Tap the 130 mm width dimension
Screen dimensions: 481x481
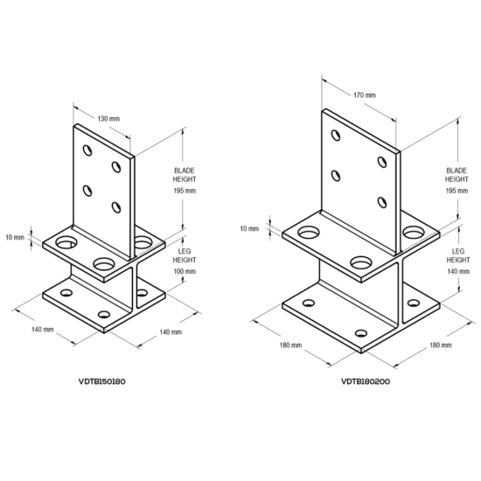pyautogui.click(x=108, y=117)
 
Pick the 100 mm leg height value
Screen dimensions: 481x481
pyautogui.click(x=185, y=272)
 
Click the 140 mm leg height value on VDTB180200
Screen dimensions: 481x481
pyautogui.click(x=457, y=272)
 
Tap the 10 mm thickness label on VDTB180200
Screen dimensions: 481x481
pyautogui.click(x=248, y=229)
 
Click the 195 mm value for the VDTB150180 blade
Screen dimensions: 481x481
pyautogui.click(x=185, y=190)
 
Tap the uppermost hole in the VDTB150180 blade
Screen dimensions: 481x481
pyautogui.click(x=87, y=150)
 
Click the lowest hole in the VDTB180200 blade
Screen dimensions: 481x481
pyautogui.click(x=382, y=202)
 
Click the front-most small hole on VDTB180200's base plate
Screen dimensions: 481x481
pyautogui.click(x=361, y=332)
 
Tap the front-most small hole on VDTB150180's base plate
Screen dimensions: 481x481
pyautogui.click(x=104, y=314)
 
